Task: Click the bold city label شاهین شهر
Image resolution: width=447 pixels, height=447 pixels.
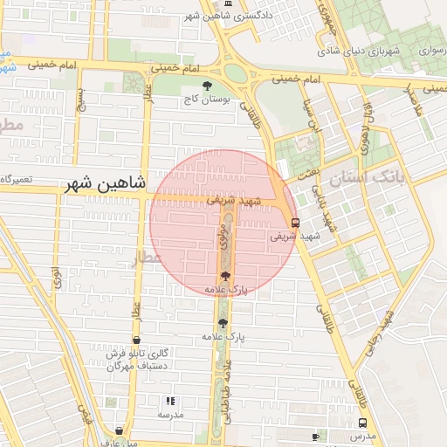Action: coord(107,185)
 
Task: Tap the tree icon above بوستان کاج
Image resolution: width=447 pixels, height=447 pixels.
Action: coord(207,86)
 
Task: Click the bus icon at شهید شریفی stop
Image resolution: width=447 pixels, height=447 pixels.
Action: coord(295,222)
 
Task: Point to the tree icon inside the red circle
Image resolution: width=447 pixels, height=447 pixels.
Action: coord(226,276)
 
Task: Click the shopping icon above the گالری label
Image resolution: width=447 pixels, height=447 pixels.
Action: coord(136,340)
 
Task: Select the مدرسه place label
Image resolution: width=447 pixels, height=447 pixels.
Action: coord(170,415)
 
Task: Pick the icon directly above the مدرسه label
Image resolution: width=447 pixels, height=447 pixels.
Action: coord(170,401)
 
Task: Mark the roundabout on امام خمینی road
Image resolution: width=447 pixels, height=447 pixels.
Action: coord(237,74)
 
